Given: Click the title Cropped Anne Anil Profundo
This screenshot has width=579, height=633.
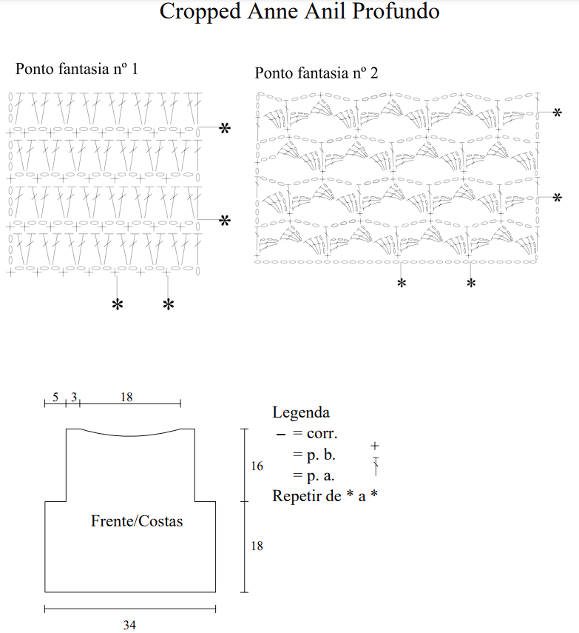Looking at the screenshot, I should click(x=299, y=12).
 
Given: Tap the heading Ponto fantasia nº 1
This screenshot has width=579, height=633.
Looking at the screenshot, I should click(x=77, y=69).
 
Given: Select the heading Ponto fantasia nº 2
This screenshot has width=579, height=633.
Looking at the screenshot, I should click(x=316, y=73).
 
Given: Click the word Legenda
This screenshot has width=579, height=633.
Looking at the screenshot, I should click(x=301, y=412).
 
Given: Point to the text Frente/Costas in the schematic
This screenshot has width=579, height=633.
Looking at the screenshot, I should click(x=137, y=521).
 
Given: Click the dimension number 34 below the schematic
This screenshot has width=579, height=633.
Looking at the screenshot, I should click(x=129, y=625).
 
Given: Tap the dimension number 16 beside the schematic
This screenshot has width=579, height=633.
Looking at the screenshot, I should click(x=257, y=466).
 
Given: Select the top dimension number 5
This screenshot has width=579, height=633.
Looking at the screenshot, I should click(x=55, y=397).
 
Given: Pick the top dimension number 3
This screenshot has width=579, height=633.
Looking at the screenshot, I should click(x=73, y=397).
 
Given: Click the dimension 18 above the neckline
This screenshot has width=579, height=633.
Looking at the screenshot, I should click(x=126, y=397).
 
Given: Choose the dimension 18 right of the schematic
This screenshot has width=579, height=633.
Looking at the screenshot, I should click(x=257, y=546).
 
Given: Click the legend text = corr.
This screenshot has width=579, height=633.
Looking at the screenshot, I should click(x=316, y=435).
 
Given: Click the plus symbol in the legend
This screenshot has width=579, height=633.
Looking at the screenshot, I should click(x=375, y=446).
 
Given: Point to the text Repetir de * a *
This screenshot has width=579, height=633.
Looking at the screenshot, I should click(x=325, y=496).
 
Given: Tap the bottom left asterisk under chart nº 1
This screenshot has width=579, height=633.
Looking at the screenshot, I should click(x=117, y=304).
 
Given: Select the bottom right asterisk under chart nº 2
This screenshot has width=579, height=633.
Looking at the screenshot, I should click(x=471, y=283).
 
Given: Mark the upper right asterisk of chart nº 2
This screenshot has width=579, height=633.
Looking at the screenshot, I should click(x=557, y=112).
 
